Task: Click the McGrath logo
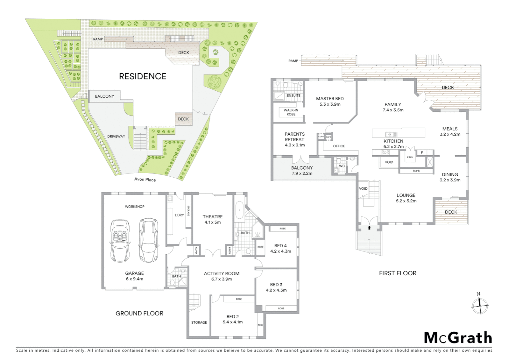point(458,338)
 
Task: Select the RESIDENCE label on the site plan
point(143,76)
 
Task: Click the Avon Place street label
point(145,180)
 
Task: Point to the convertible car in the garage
point(120,241)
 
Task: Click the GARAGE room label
point(135,273)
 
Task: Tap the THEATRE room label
point(213,217)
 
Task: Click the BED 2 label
point(233,316)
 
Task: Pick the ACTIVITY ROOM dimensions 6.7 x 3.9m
point(222,279)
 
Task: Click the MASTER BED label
point(329,99)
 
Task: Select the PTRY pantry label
point(410,157)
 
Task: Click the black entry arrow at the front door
point(369,228)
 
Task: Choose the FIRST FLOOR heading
point(397,273)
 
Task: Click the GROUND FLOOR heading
point(139,313)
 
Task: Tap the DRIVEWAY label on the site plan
point(116,136)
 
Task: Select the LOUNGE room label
point(406,195)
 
